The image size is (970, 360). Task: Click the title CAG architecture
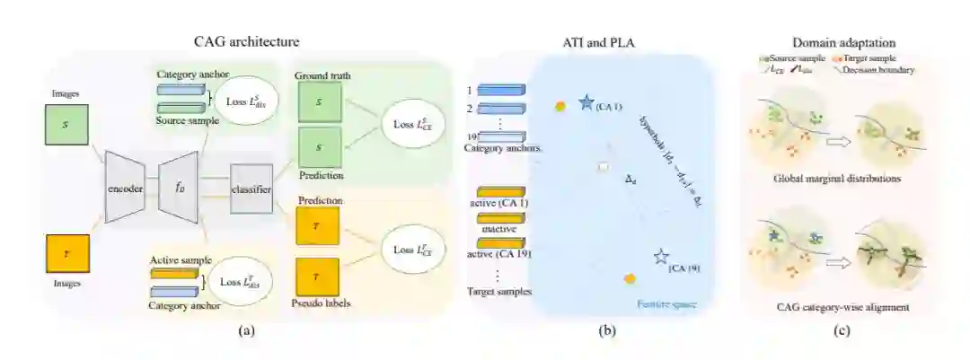pos(246,41)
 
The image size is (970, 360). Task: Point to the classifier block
pos(251,188)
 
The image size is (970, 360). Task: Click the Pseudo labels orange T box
pos(317,277)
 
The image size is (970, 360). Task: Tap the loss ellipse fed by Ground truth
pos(412,125)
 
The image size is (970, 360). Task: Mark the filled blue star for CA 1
pos(587,103)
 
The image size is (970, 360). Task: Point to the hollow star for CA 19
pos(662,258)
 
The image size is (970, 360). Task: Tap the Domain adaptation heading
pos(831,41)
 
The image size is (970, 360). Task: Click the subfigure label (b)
pos(607,330)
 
